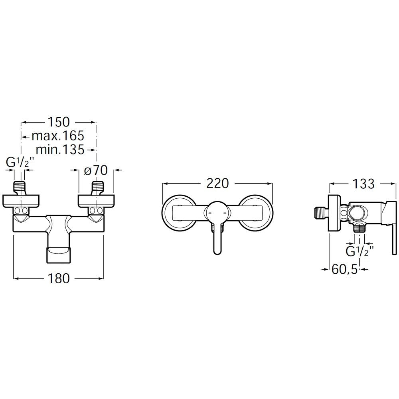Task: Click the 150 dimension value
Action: point(59,122)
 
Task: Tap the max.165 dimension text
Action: point(58,136)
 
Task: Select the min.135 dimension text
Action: point(60,150)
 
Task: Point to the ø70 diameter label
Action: point(96,170)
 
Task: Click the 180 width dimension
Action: point(58,279)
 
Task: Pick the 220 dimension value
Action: point(217,183)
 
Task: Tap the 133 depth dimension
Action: point(363,184)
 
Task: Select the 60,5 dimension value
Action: point(345,269)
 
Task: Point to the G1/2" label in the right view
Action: point(359,251)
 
